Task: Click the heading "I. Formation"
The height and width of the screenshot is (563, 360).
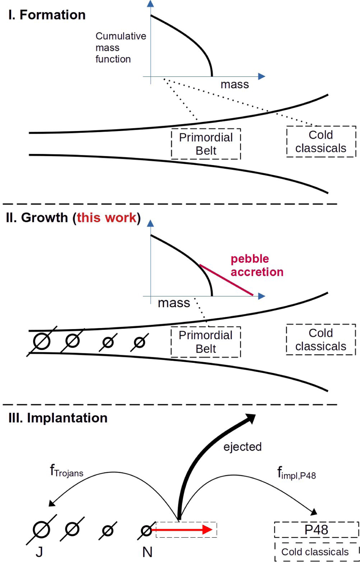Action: [x=47, y=15]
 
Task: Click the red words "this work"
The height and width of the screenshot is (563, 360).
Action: [x=107, y=218]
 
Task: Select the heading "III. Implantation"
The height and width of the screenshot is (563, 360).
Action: [x=58, y=418]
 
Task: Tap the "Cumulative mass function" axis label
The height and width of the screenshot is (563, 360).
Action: [x=121, y=48]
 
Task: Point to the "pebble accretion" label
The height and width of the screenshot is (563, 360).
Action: [x=257, y=265]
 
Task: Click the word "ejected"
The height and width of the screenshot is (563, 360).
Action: [x=242, y=447]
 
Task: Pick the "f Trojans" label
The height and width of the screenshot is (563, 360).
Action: [x=66, y=471]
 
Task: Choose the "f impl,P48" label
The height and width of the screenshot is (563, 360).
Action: [x=296, y=473]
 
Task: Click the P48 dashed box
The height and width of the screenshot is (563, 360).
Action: [x=316, y=530]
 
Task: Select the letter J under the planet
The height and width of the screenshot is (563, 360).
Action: [x=39, y=552]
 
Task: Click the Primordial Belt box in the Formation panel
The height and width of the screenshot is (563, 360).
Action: [x=206, y=144]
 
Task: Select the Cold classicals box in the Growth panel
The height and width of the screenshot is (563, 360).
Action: [x=321, y=340]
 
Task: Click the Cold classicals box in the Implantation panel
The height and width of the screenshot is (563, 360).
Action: [x=316, y=552]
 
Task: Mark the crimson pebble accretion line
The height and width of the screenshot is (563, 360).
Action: [x=226, y=280]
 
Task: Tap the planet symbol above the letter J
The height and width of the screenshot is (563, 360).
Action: [x=41, y=530]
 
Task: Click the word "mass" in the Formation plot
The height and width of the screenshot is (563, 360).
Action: [x=235, y=85]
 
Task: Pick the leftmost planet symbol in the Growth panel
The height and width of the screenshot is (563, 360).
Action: [x=41, y=341]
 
